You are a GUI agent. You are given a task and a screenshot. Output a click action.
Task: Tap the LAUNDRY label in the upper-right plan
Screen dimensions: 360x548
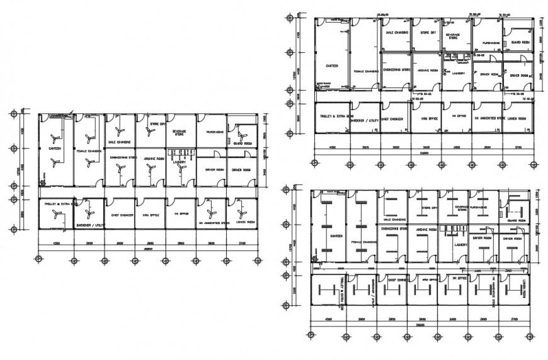point(459,73)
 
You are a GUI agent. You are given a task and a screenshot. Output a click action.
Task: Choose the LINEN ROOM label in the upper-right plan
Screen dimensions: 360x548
point(517,118)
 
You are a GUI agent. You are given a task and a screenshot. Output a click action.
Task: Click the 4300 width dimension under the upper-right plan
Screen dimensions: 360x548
point(331,147)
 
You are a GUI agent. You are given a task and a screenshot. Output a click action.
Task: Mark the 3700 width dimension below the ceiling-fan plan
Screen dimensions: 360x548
point(241,243)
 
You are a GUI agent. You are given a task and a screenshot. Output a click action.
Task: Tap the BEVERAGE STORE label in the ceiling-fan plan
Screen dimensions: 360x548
point(180,133)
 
